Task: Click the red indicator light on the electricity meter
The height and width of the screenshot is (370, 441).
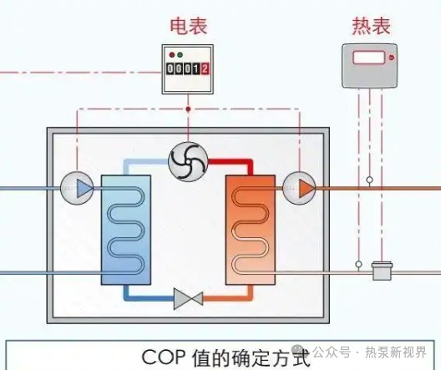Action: point(170,56)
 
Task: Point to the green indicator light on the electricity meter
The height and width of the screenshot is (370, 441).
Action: point(180,56)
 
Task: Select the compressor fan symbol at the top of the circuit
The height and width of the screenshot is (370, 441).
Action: point(187,160)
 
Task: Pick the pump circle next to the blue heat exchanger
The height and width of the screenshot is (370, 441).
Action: point(78,188)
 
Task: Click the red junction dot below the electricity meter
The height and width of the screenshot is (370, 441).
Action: point(188,109)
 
